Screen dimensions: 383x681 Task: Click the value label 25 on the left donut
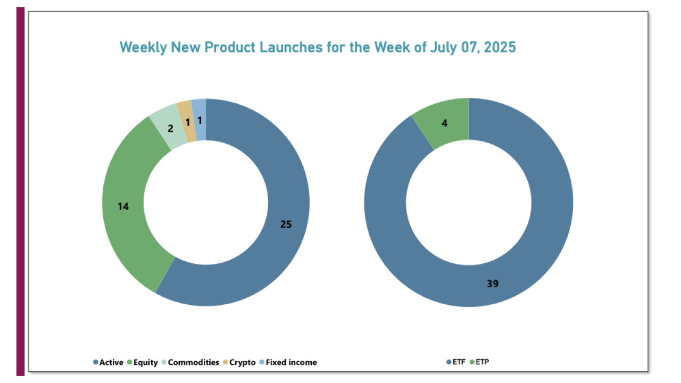[286, 224]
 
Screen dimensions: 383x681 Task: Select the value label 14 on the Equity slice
[123, 206]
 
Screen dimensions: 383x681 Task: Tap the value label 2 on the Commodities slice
[170, 128]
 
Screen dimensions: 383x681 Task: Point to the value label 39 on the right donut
[493, 284]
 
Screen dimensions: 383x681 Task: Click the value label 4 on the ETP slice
[445, 123]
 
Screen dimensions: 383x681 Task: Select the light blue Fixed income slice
[200, 109]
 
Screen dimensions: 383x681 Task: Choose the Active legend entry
[109, 362]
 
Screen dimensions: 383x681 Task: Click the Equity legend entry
[143, 362]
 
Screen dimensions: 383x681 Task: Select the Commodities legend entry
[190, 362]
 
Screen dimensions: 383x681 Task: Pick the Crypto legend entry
[239, 362]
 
